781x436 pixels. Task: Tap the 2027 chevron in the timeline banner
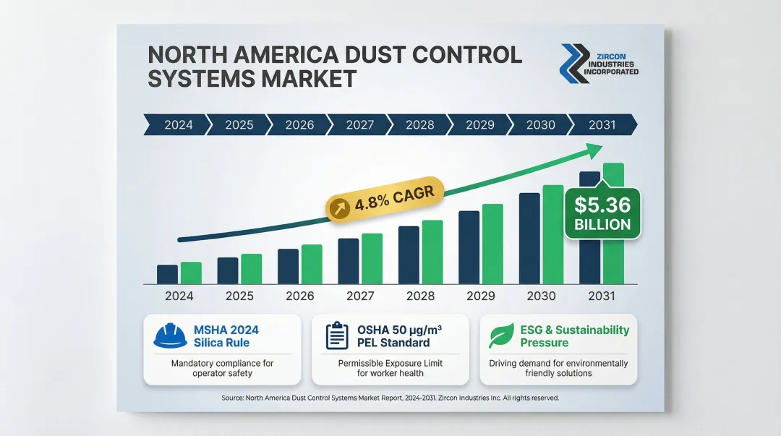(359, 124)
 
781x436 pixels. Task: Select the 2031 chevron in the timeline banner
(602, 124)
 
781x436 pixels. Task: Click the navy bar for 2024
(167, 274)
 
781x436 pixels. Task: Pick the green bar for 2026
(312, 264)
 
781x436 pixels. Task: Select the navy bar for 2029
(469, 247)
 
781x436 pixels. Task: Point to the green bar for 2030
(553, 234)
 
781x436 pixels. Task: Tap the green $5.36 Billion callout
(602, 214)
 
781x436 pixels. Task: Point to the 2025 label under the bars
(239, 296)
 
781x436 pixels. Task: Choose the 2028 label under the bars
(420, 296)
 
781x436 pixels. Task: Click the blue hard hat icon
(171, 335)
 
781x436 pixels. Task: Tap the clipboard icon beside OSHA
(337, 336)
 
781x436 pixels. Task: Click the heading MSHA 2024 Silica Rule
(226, 336)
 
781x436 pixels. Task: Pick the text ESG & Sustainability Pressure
(575, 336)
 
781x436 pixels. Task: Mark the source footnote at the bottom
(390, 398)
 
